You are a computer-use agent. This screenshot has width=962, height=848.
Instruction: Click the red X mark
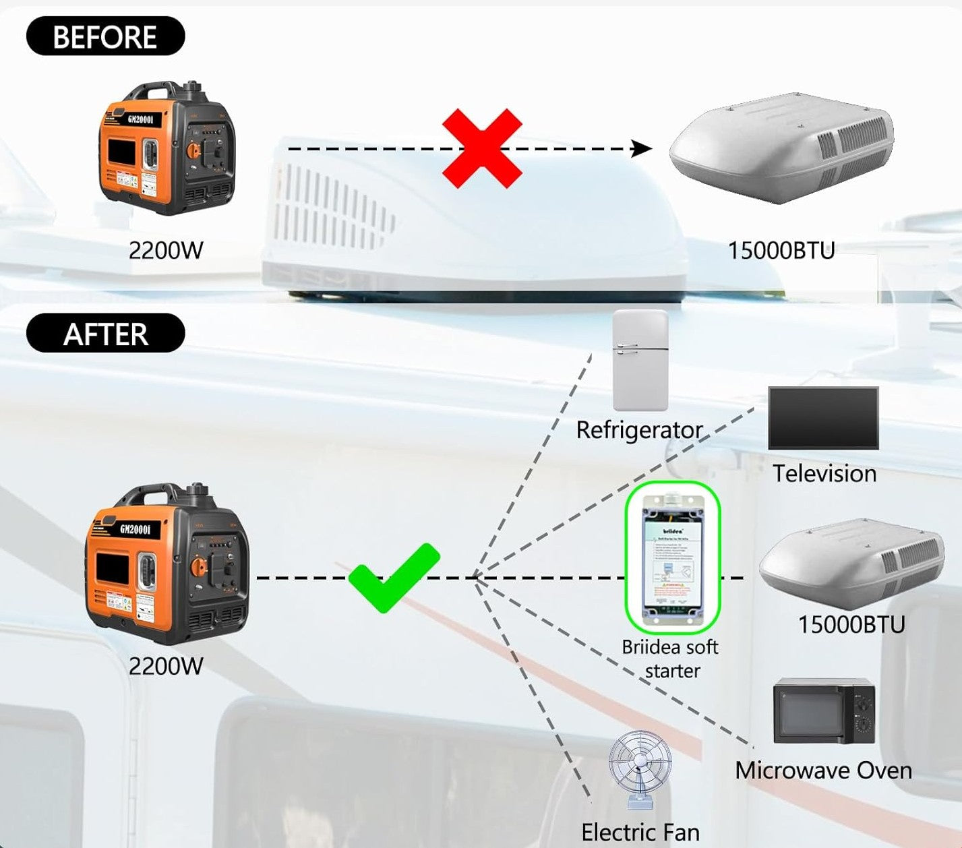482,149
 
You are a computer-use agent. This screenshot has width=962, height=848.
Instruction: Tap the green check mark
393,578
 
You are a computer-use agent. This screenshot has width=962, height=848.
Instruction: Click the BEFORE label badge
105,36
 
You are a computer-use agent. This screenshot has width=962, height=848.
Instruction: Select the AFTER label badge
105,334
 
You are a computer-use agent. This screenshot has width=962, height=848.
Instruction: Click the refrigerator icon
640,361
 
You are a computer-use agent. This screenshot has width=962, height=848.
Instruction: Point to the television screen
823,418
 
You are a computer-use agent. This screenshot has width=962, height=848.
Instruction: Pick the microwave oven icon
824,712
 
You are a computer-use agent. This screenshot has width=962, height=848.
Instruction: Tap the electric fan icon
640,768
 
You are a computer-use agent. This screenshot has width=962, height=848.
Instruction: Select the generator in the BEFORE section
167,148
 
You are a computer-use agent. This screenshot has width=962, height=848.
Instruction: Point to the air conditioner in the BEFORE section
782,148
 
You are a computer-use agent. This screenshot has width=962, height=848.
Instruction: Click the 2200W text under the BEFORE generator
166,251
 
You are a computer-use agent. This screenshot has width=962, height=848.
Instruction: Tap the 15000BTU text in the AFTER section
851,625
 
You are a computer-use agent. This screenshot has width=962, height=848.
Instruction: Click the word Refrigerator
639,430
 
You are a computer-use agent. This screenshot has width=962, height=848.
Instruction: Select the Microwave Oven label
823,770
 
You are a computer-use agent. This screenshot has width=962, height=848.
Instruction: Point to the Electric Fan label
640,832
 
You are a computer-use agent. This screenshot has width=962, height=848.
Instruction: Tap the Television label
824,473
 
